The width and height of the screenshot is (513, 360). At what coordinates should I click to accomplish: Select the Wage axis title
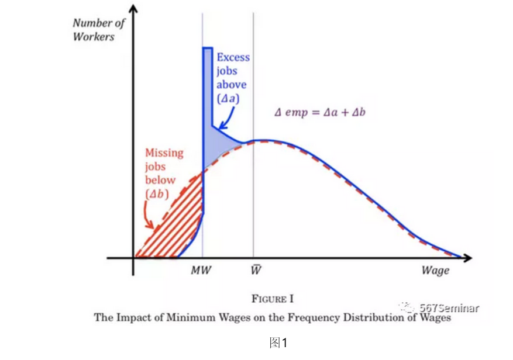point(435,270)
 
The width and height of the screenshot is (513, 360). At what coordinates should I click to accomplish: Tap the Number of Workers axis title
point(94,29)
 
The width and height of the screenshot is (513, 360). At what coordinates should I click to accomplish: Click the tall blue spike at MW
point(207,88)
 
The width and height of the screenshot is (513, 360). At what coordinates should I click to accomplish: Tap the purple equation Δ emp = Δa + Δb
point(319,111)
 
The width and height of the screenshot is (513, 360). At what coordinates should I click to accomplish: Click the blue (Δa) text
point(229,99)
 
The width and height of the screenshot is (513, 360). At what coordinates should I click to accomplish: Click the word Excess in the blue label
point(233,57)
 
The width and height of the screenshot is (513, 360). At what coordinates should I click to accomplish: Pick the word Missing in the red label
point(164,153)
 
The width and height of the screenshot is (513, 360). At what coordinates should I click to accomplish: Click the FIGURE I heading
point(272,299)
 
